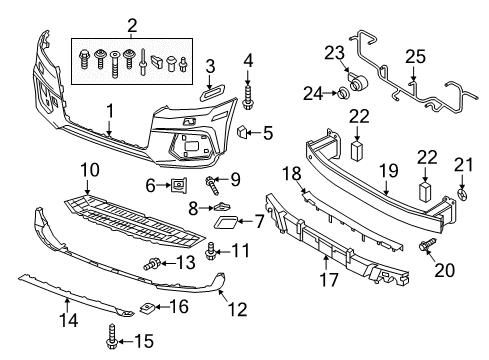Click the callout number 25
click(x=415, y=57)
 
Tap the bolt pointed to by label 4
click(x=247, y=98)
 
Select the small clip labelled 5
click(x=242, y=132)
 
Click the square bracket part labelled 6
click(x=179, y=185)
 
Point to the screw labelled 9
click(x=212, y=186)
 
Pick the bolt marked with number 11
click(x=210, y=252)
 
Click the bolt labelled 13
click(x=152, y=264)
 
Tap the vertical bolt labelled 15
click(x=111, y=337)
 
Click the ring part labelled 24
click(x=343, y=92)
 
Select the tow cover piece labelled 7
click(x=226, y=222)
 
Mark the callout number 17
click(x=329, y=280)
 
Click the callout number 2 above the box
click(x=132, y=25)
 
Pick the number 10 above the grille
click(x=90, y=170)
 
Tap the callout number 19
click(x=388, y=170)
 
